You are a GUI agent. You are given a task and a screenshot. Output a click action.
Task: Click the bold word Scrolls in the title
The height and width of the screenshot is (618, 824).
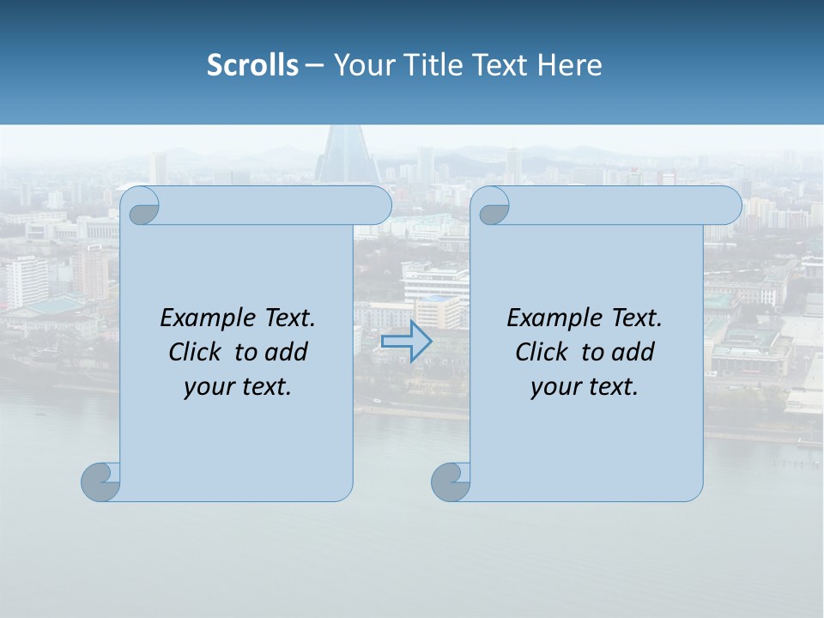(x=252, y=65)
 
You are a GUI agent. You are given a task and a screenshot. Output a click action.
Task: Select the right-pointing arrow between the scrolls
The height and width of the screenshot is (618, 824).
(x=406, y=342)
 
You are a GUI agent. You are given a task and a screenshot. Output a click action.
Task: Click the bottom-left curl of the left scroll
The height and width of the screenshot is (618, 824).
(x=100, y=482)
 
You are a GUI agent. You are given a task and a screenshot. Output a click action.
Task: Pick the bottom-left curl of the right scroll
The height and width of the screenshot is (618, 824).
(x=450, y=482)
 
